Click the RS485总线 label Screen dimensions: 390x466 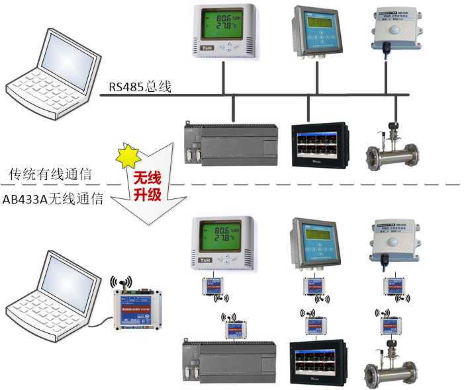[x=140, y=87]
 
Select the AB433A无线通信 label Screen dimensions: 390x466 [x=53, y=198]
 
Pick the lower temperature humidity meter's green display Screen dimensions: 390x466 [x=220, y=236]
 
